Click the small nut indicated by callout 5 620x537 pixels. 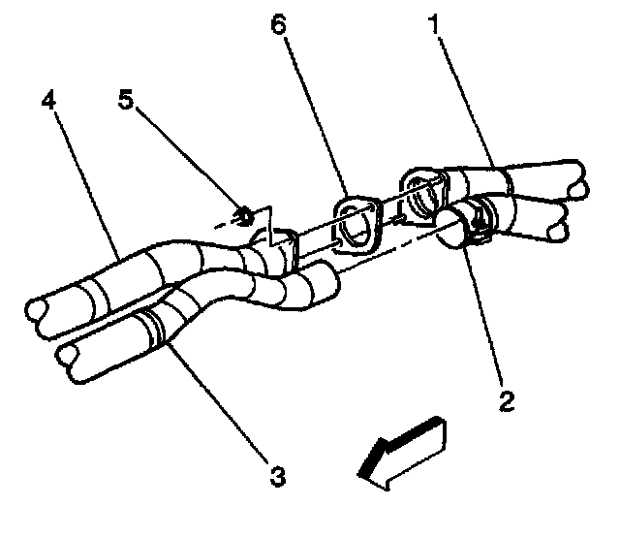pyautogui.click(x=245, y=213)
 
